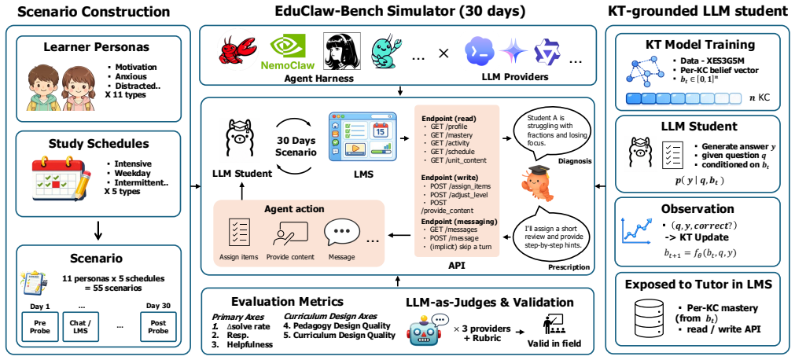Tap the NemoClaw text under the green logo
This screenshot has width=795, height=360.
point(288,65)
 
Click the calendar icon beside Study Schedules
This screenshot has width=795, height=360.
point(60,179)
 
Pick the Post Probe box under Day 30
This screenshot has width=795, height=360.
point(159,326)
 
